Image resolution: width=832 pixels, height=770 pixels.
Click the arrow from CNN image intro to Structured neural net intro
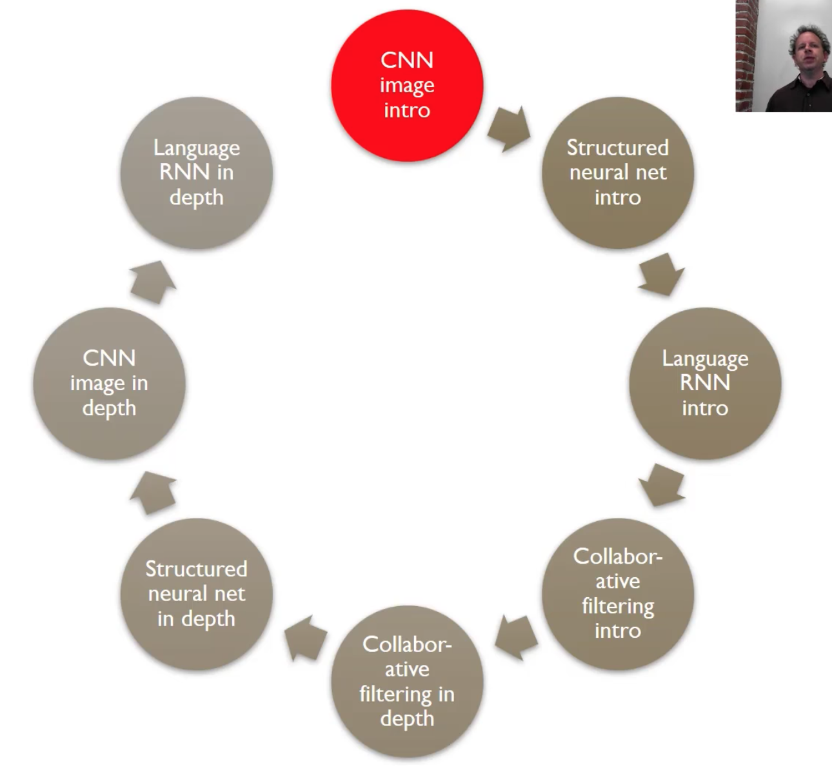(x=509, y=130)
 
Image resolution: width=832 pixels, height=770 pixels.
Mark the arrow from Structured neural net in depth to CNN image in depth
(x=154, y=493)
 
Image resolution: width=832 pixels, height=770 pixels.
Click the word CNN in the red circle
(x=407, y=60)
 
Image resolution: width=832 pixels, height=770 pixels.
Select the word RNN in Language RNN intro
(x=705, y=382)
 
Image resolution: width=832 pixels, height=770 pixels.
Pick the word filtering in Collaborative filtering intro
(x=618, y=606)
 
